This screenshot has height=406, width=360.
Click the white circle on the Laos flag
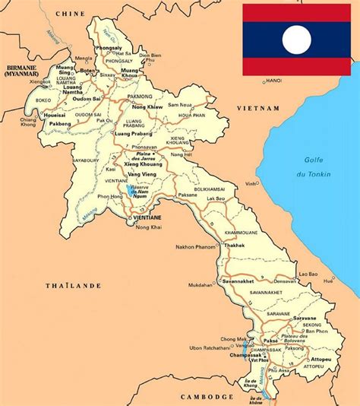(x=297, y=40)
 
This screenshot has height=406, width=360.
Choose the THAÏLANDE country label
(x=75, y=286)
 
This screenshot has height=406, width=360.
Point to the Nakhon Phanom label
(x=195, y=248)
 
